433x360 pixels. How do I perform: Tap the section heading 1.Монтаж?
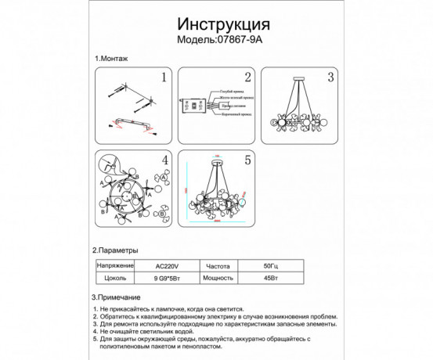coord(111,59)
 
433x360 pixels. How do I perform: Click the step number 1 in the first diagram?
coord(164,77)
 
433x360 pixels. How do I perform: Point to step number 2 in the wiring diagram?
coord(247,77)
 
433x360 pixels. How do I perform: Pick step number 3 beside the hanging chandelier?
coord(330,77)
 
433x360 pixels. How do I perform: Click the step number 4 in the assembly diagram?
coord(164,160)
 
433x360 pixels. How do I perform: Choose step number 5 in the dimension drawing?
coord(247,160)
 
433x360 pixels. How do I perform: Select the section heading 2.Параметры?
coord(118,251)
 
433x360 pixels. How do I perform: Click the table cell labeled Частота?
coord(218,265)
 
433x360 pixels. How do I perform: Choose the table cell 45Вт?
coord(270,278)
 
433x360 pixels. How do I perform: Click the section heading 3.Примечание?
coord(118,298)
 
